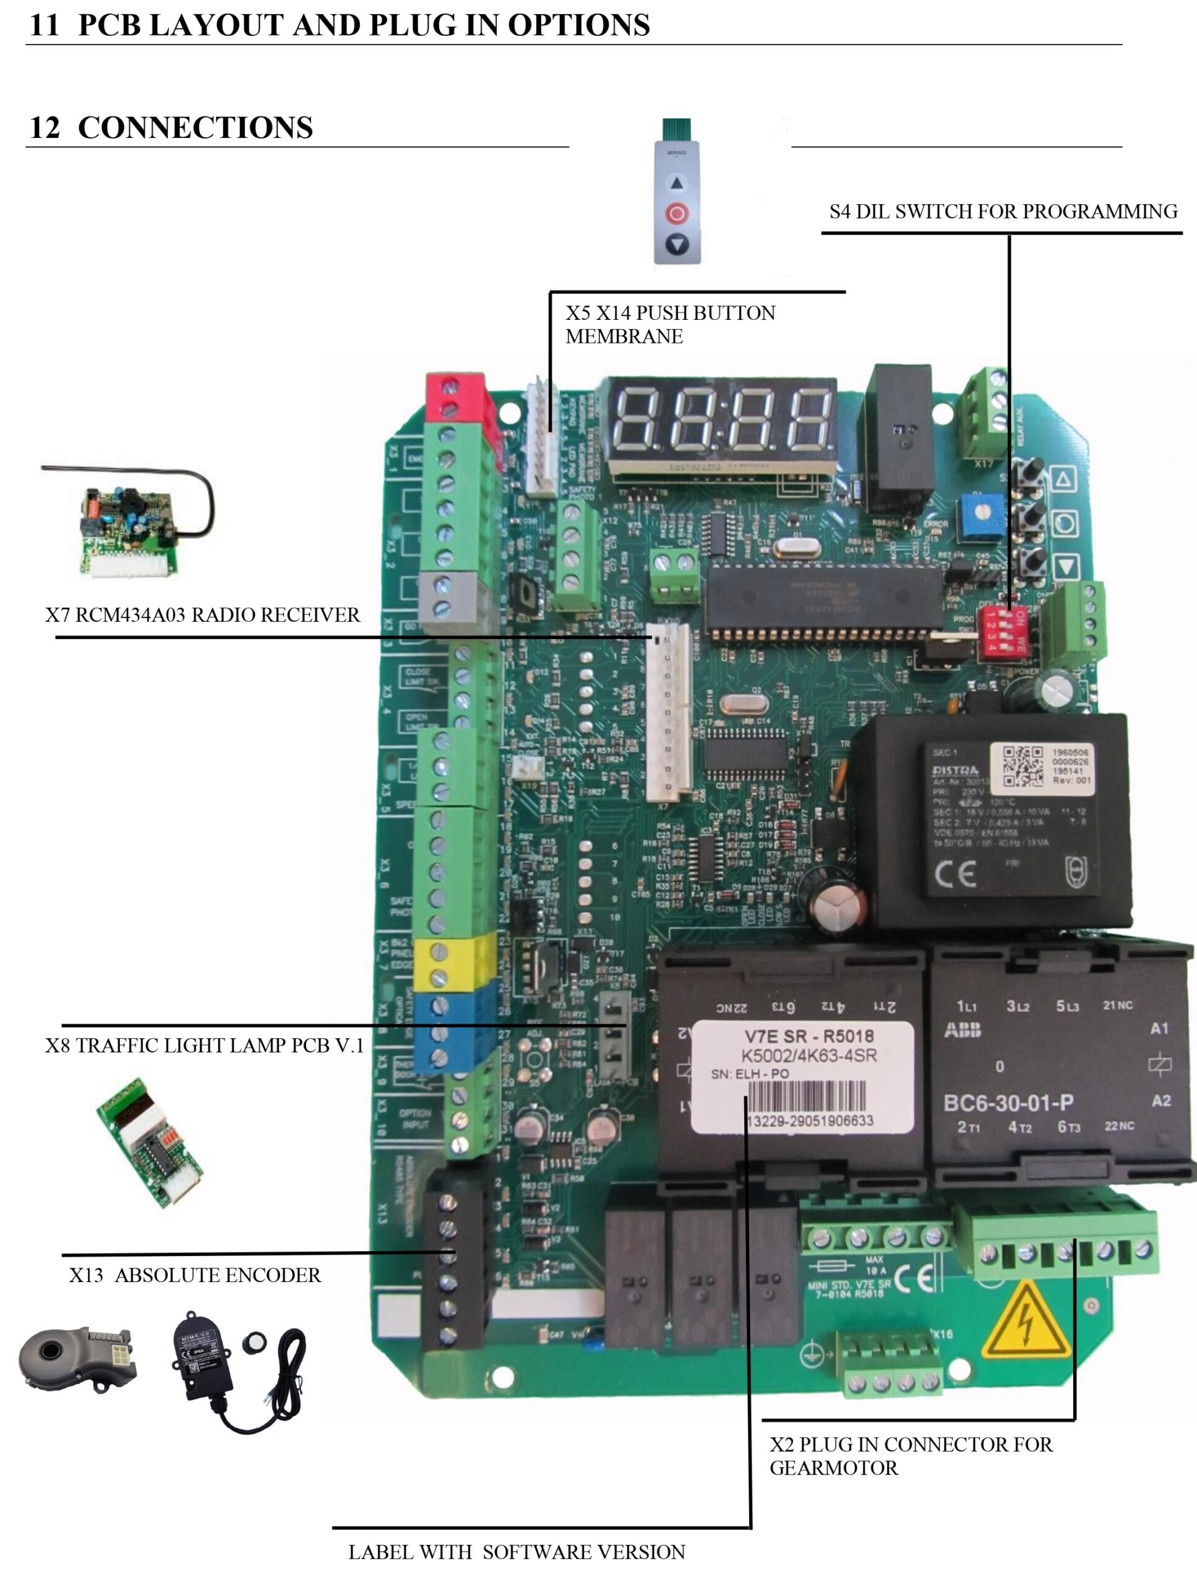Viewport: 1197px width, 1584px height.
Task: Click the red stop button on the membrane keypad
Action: click(677, 213)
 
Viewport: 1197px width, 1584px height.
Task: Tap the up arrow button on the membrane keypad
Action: click(677, 183)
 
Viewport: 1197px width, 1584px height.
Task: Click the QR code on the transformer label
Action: click(1023, 766)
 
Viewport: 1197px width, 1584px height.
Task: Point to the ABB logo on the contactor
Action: click(963, 1030)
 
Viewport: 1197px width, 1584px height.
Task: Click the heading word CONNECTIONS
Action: click(195, 127)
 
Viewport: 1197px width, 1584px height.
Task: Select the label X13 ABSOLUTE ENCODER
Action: click(195, 1275)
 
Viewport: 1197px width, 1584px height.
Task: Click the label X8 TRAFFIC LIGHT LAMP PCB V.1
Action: click(205, 1046)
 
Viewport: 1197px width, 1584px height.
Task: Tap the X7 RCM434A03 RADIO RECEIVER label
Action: click(203, 615)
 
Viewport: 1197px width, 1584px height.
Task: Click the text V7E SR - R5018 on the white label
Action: click(809, 1036)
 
